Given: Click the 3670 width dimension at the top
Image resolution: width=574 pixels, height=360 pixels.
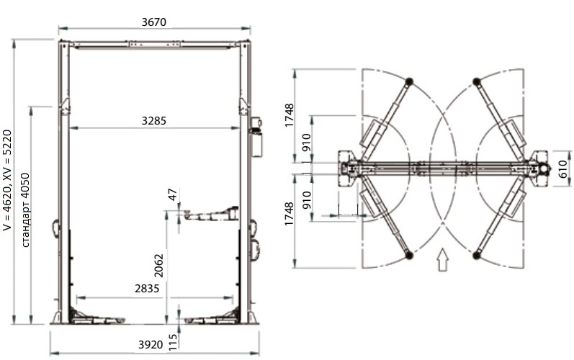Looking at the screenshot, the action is pos(153,22).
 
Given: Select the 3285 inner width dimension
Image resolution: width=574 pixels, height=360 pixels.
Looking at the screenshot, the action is pos(153,121).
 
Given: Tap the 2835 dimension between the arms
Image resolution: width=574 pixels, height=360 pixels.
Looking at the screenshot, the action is pos(147,289).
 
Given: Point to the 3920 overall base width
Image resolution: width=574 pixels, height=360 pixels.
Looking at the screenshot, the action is pos(151,345).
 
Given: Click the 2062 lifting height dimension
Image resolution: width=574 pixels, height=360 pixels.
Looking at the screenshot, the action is pos(158,266).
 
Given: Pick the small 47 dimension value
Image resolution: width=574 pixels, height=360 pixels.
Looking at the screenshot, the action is pos(173,194).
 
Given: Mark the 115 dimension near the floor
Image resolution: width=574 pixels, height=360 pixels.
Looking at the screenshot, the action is pos(173,342).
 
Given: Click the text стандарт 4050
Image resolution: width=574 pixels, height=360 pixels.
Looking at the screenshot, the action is pos(25,210).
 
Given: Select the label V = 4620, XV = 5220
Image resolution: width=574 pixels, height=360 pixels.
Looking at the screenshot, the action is pos(7,181).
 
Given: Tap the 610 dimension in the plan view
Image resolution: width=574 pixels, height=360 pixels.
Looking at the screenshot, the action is pos(564,168).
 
